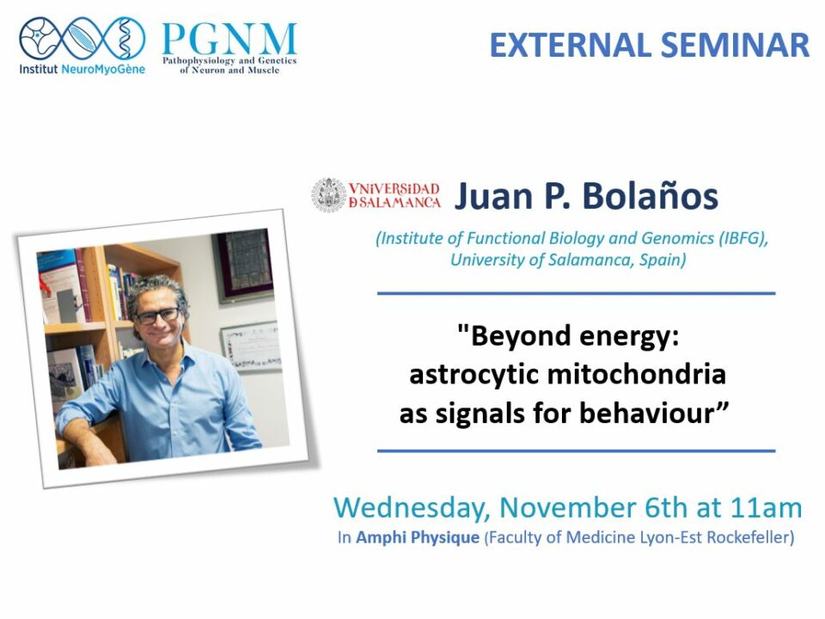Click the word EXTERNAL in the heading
tap(571, 46)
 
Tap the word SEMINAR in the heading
tap(735, 46)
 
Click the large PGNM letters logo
tap(229, 40)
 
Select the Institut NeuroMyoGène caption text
tap(82, 70)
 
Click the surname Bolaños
tap(650, 196)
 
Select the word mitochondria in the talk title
tap(637, 375)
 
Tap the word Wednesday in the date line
tap(412, 509)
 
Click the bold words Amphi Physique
tap(418, 538)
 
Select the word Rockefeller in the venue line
tap(749, 537)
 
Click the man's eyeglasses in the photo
tap(157, 316)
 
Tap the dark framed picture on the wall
tap(244, 265)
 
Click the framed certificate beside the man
tap(250, 345)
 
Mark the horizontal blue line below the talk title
tap(577, 450)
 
